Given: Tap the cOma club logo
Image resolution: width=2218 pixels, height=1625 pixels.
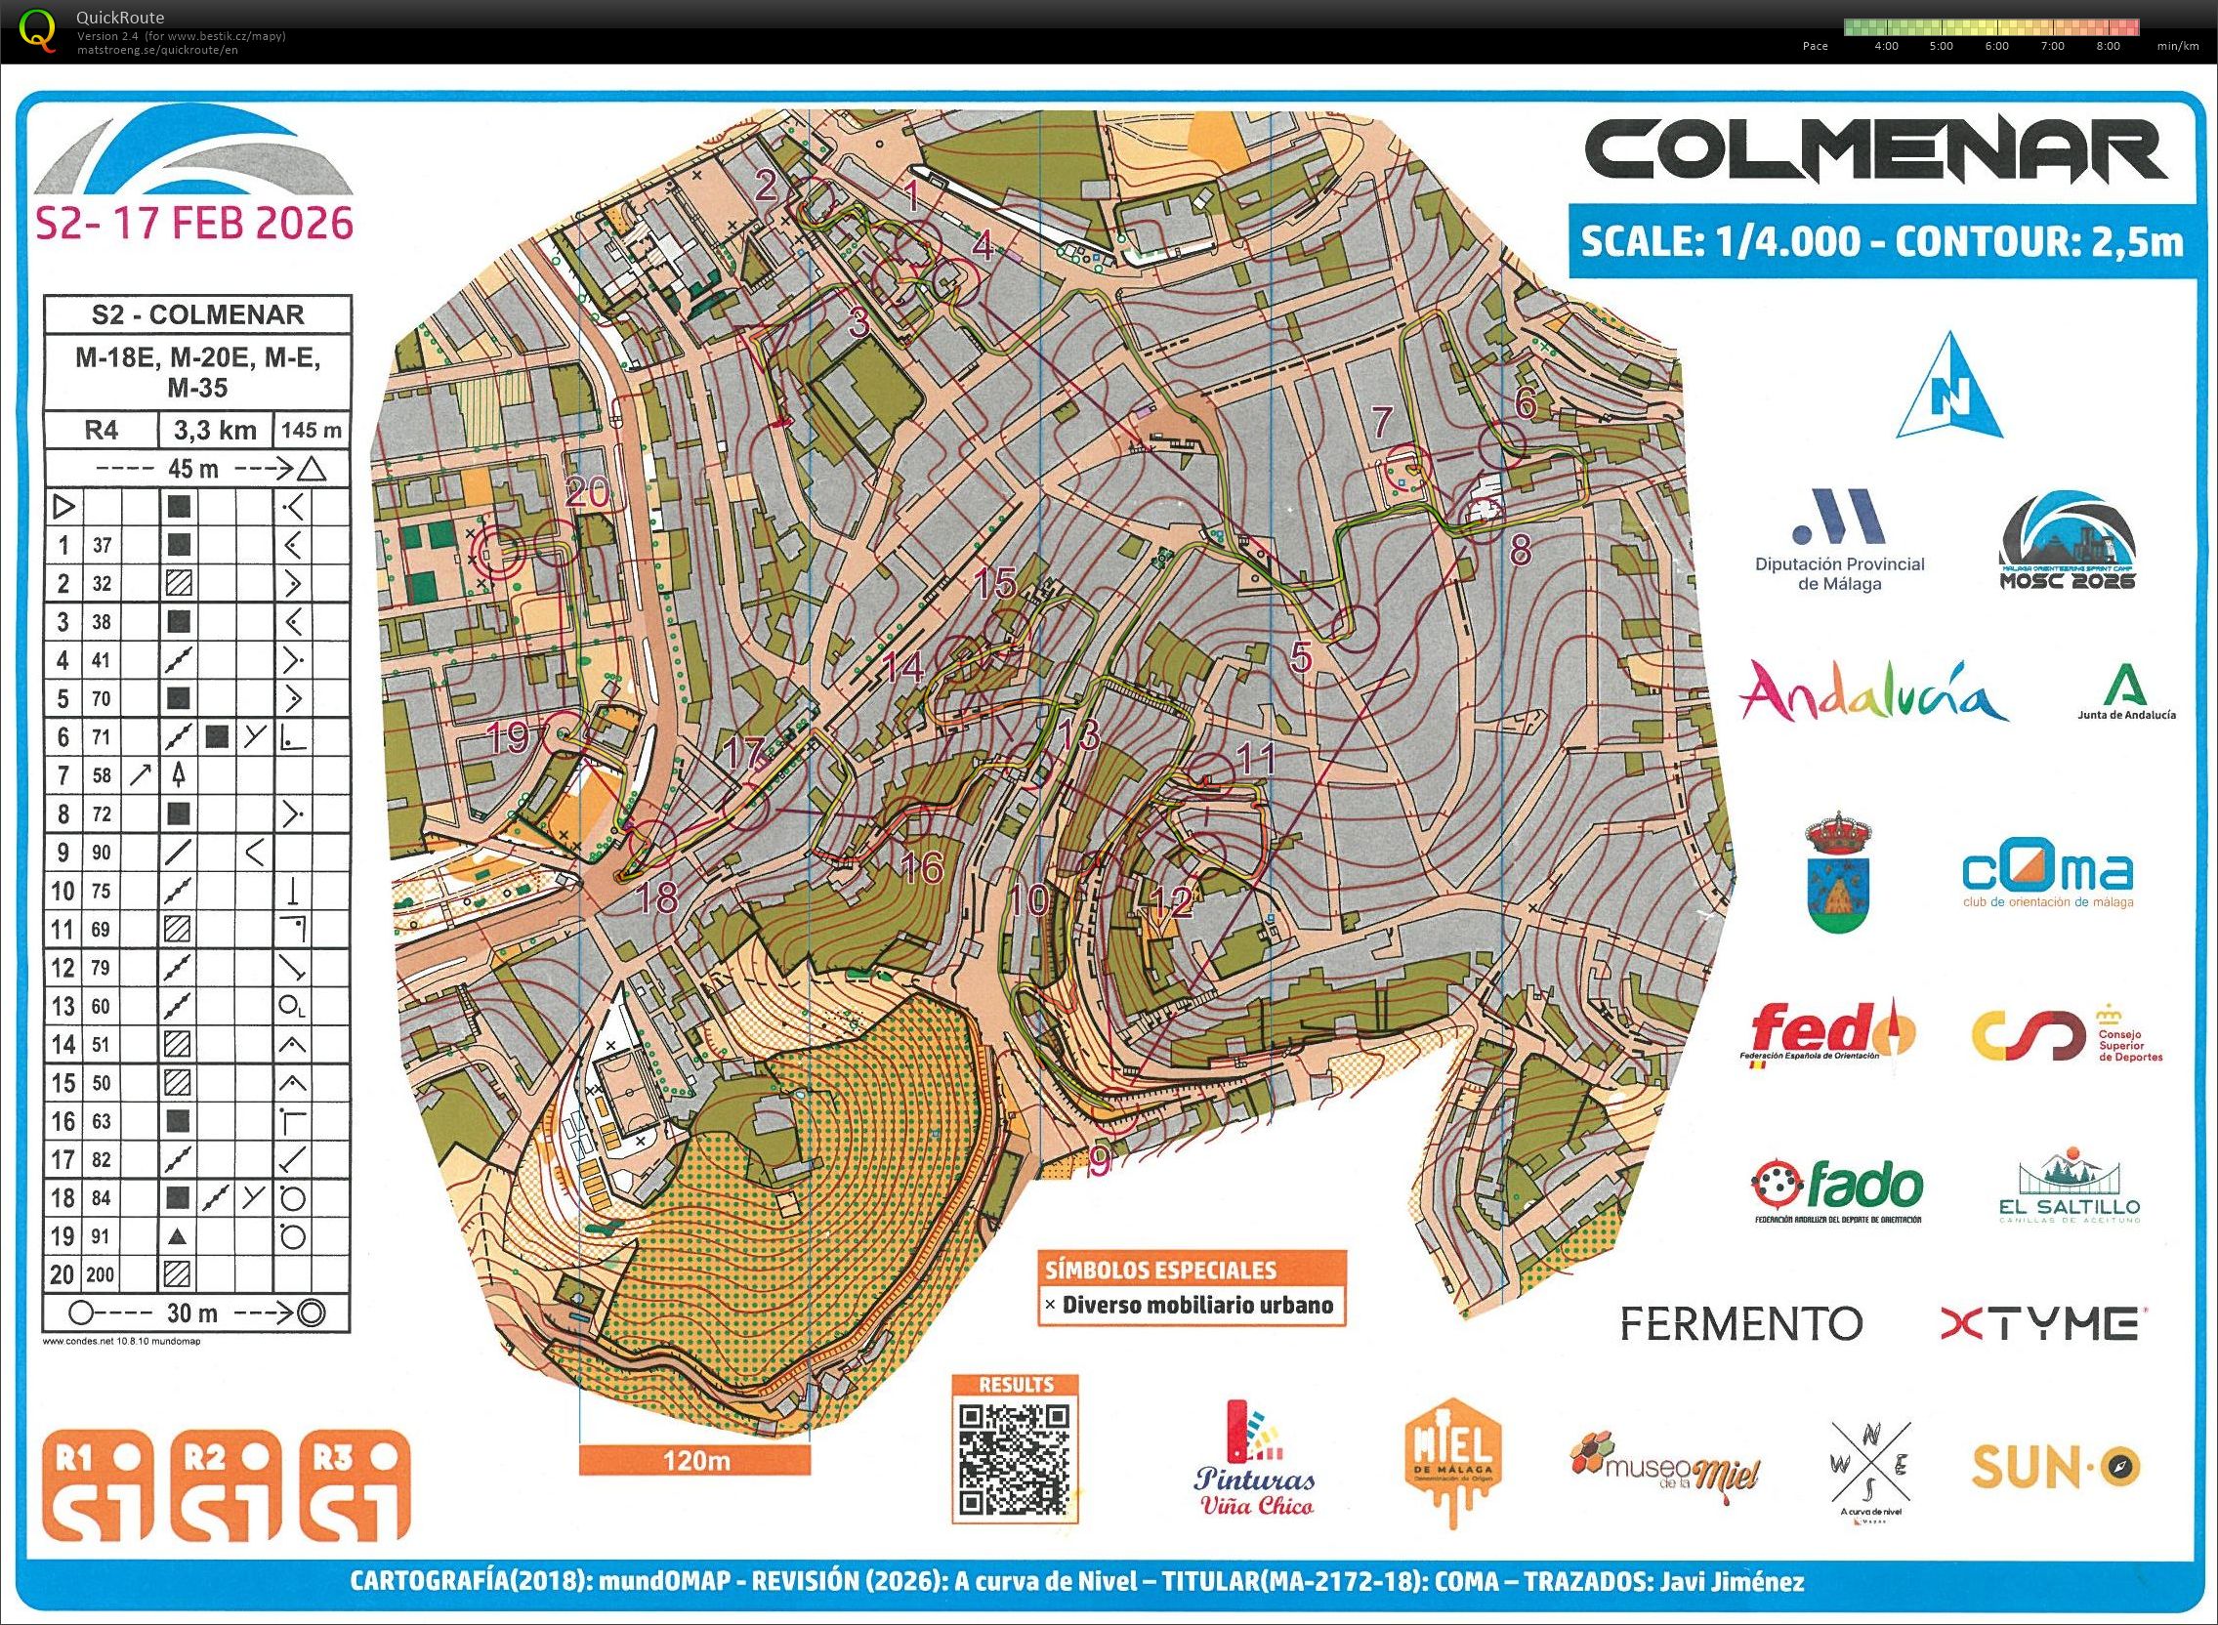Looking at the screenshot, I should click(2048, 876).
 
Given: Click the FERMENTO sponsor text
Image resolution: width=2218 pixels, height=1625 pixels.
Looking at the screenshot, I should click(1740, 1323).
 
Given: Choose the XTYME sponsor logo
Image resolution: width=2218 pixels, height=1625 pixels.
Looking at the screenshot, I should click(2040, 1323).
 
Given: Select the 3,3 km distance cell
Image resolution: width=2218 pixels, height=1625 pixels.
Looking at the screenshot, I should click(216, 430).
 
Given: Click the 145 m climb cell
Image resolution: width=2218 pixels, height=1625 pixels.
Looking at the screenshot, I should click(311, 430).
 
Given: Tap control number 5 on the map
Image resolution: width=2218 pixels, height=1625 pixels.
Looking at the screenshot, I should click(1300, 657).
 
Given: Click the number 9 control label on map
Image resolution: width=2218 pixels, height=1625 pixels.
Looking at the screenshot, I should click(1100, 1162).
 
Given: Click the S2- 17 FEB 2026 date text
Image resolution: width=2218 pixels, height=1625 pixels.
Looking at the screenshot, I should click(194, 225).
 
